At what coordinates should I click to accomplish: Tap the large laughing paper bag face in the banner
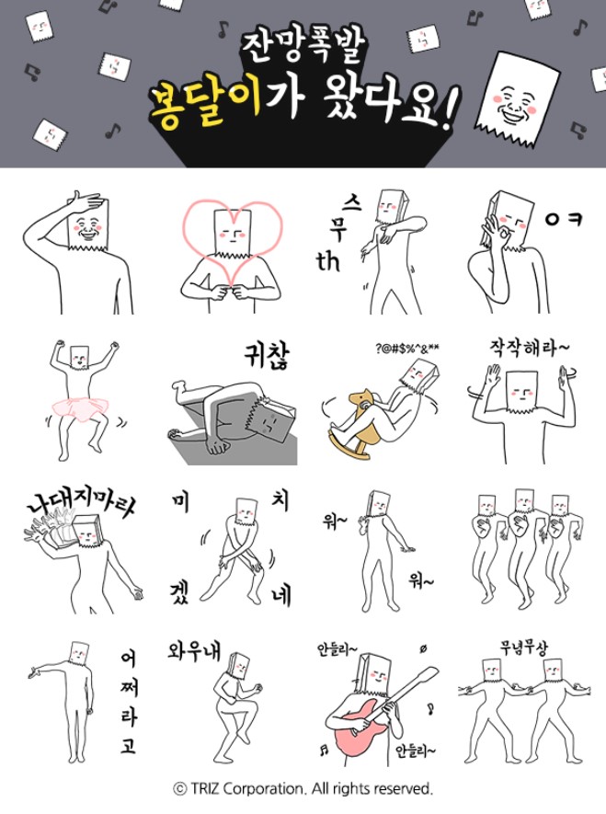click(518, 98)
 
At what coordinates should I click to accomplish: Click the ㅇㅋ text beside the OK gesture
click(563, 220)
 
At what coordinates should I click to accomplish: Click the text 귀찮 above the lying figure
click(267, 356)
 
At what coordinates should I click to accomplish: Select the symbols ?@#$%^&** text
click(407, 349)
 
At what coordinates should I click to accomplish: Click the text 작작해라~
click(529, 347)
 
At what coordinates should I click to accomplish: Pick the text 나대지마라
click(82, 502)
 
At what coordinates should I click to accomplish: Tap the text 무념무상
click(523, 648)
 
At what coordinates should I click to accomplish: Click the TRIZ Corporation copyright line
click(303, 789)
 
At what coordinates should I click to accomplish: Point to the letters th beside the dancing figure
click(328, 261)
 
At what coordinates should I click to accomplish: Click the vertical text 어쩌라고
click(128, 702)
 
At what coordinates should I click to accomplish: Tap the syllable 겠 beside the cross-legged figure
click(179, 592)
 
